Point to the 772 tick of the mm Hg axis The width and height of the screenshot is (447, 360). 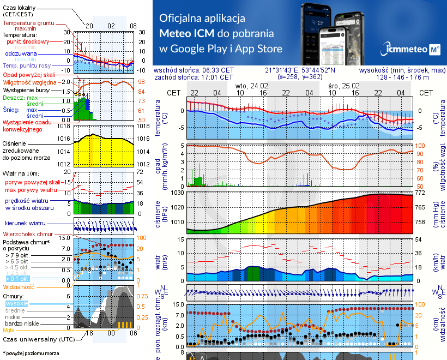(x=420, y=193)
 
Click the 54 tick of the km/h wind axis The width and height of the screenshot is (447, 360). (x=420, y=239)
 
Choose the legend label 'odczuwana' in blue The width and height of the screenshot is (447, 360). (x=21, y=54)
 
